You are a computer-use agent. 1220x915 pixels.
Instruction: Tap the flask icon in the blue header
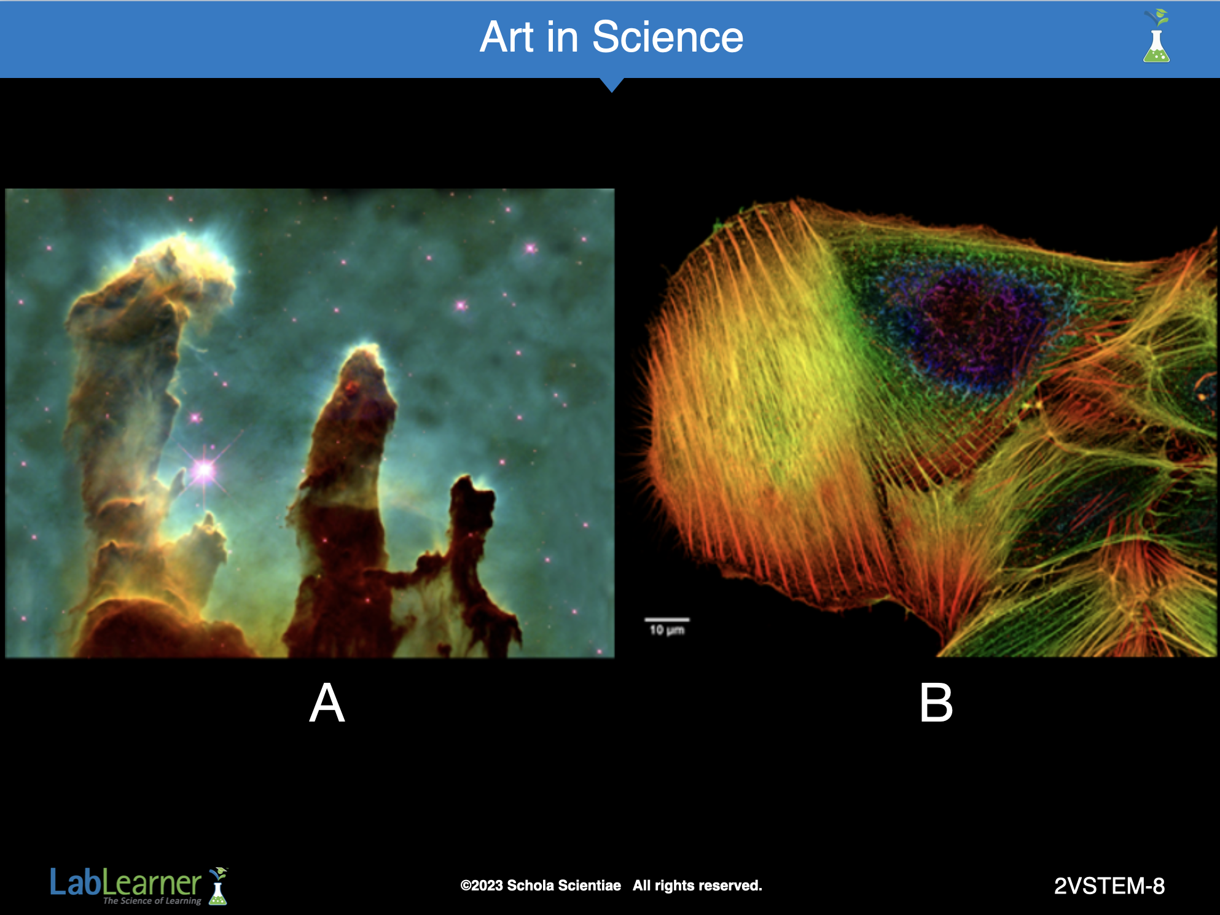pos(1156,36)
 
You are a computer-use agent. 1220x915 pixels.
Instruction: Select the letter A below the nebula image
pos(327,703)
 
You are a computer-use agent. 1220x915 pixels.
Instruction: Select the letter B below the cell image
pos(936,703)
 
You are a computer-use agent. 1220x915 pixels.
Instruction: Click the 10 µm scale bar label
pos(667,630)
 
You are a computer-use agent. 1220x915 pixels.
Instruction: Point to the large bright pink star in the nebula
pos(203,470)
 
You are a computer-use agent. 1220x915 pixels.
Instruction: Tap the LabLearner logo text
pos(125,882)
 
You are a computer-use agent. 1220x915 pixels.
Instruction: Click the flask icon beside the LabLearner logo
pos(218,886)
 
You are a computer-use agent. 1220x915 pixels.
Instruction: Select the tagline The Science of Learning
pos(152,901)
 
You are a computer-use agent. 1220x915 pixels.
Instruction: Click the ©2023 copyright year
pos(482,886)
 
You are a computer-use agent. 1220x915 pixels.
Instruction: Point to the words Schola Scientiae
pos(564,886)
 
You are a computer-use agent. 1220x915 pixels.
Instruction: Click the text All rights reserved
pos(697,886)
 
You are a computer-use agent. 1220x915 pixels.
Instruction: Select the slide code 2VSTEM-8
pos(1109,886)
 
